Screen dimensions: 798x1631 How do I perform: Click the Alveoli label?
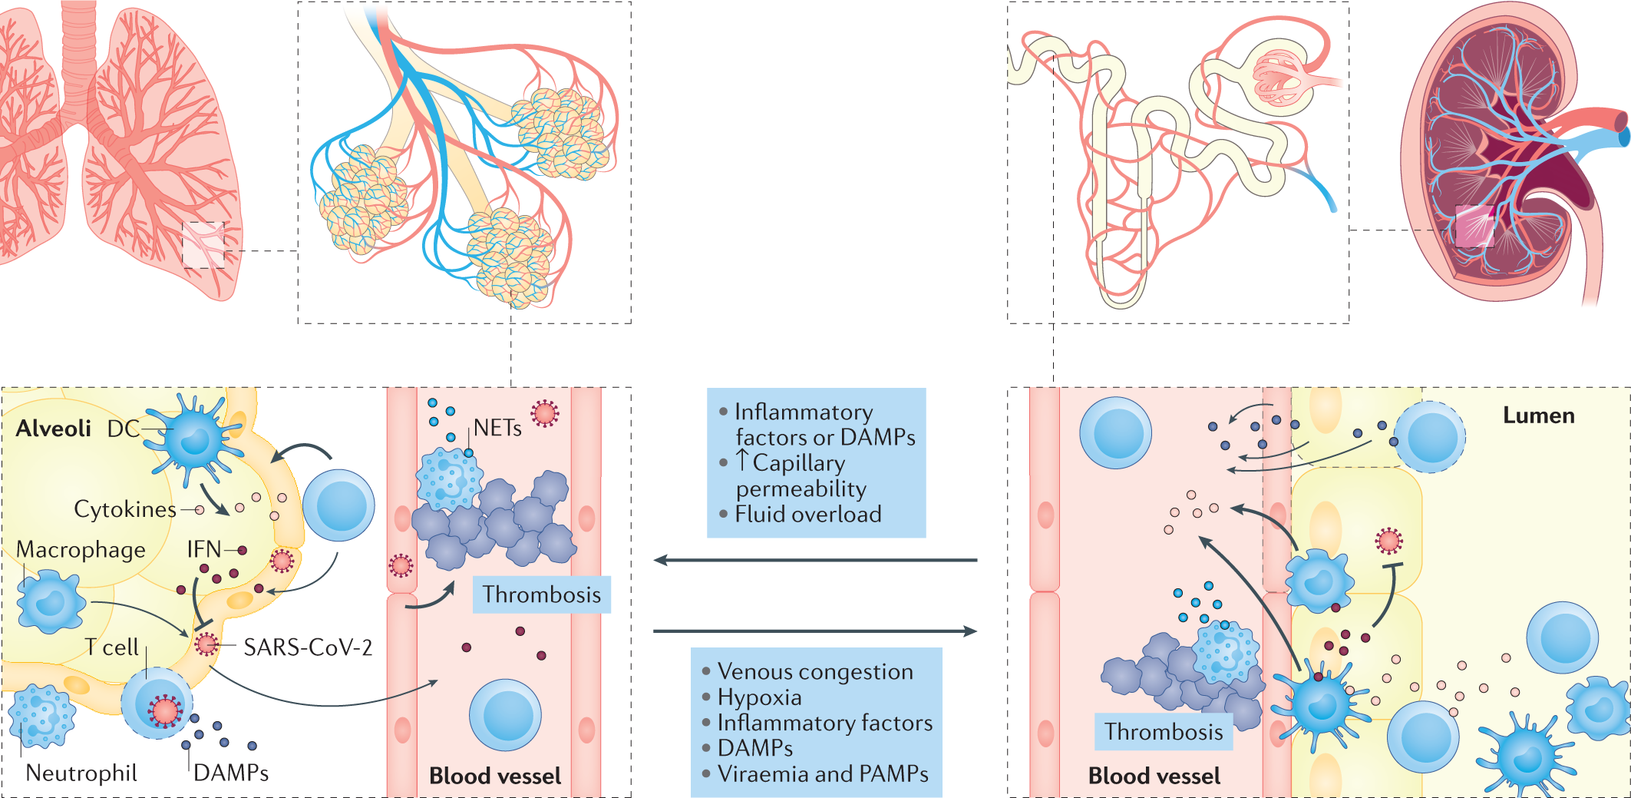[x=54, y=429]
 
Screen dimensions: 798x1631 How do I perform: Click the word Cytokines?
[x=125, y=509]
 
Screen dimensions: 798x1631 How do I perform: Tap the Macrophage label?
[x=81, y=550]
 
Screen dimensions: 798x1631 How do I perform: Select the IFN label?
[x=204, y=549]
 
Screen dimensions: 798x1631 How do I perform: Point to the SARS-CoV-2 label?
[x=308, y=647]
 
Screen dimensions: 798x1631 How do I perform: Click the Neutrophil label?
[x=81, y=773]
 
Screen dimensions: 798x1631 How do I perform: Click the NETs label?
[x=497, y=428]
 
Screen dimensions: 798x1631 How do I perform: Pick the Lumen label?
[x=1538, y=416]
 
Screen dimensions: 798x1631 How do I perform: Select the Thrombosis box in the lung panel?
[x=541, y=594]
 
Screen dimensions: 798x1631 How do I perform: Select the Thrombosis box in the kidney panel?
[x=1164, y=732]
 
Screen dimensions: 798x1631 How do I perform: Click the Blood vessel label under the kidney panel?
[x=1154, y=776]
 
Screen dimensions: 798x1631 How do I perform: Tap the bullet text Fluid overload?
[x=808, y=515]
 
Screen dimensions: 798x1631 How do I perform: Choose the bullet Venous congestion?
[x=815, y=671]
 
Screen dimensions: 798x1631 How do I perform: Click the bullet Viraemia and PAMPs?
[x=823, y=774]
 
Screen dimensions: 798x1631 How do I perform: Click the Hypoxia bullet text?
[x=759, y=697]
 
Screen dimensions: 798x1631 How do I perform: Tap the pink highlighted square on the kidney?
[x=1474, y=226]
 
